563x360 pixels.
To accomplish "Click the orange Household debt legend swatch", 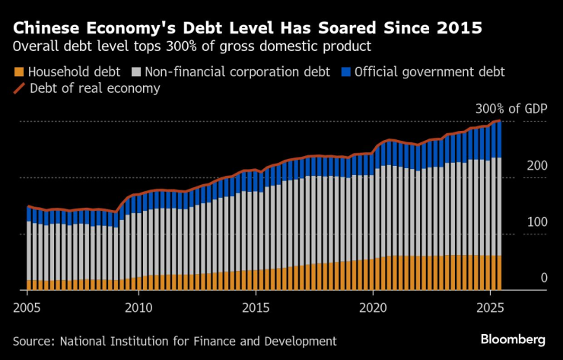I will click(18, 73).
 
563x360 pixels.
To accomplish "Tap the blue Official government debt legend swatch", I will click(345, 73).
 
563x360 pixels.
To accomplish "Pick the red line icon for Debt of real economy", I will click(18, 89).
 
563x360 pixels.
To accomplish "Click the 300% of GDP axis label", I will click(511, 109).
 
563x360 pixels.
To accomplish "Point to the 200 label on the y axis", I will click(537, 166).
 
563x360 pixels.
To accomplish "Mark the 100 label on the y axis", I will click(537, 222).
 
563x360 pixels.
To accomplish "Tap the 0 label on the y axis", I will click(544, 279).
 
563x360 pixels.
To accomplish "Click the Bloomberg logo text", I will click(513, 339).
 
